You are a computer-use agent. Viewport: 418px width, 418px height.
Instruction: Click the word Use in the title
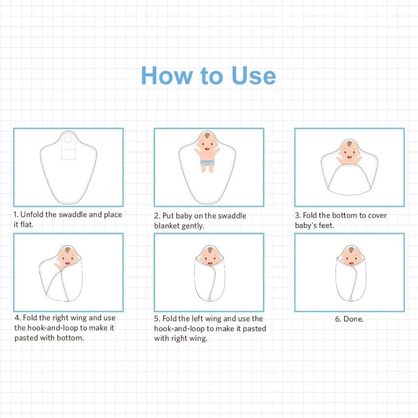(x=254, y=76)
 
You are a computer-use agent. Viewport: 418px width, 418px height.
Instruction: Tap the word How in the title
(x=167, y=76)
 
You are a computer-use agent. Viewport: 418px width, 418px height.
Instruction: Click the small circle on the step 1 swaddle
(x=68, y=139)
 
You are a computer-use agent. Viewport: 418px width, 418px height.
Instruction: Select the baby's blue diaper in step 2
(x=207, y=163)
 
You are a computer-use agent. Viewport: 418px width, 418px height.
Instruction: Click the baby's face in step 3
(x=349, y=151)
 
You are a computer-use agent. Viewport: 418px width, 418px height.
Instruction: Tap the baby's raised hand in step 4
(x=58, y=265)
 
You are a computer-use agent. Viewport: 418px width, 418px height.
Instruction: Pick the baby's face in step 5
(x=210, y=257)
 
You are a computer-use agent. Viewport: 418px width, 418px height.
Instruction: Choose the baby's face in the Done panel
(x=351, y=257)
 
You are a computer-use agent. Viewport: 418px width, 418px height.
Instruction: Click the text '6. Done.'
(x=349, y=319)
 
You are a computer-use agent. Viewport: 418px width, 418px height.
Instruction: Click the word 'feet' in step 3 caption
(x=325, y=225)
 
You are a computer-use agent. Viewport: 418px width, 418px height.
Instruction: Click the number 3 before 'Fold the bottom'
(x=297, y=215)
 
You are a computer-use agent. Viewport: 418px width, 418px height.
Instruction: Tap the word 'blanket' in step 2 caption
(x=167, y=226)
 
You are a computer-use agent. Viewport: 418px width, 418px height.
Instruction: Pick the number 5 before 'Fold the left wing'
(x=157, y=319)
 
